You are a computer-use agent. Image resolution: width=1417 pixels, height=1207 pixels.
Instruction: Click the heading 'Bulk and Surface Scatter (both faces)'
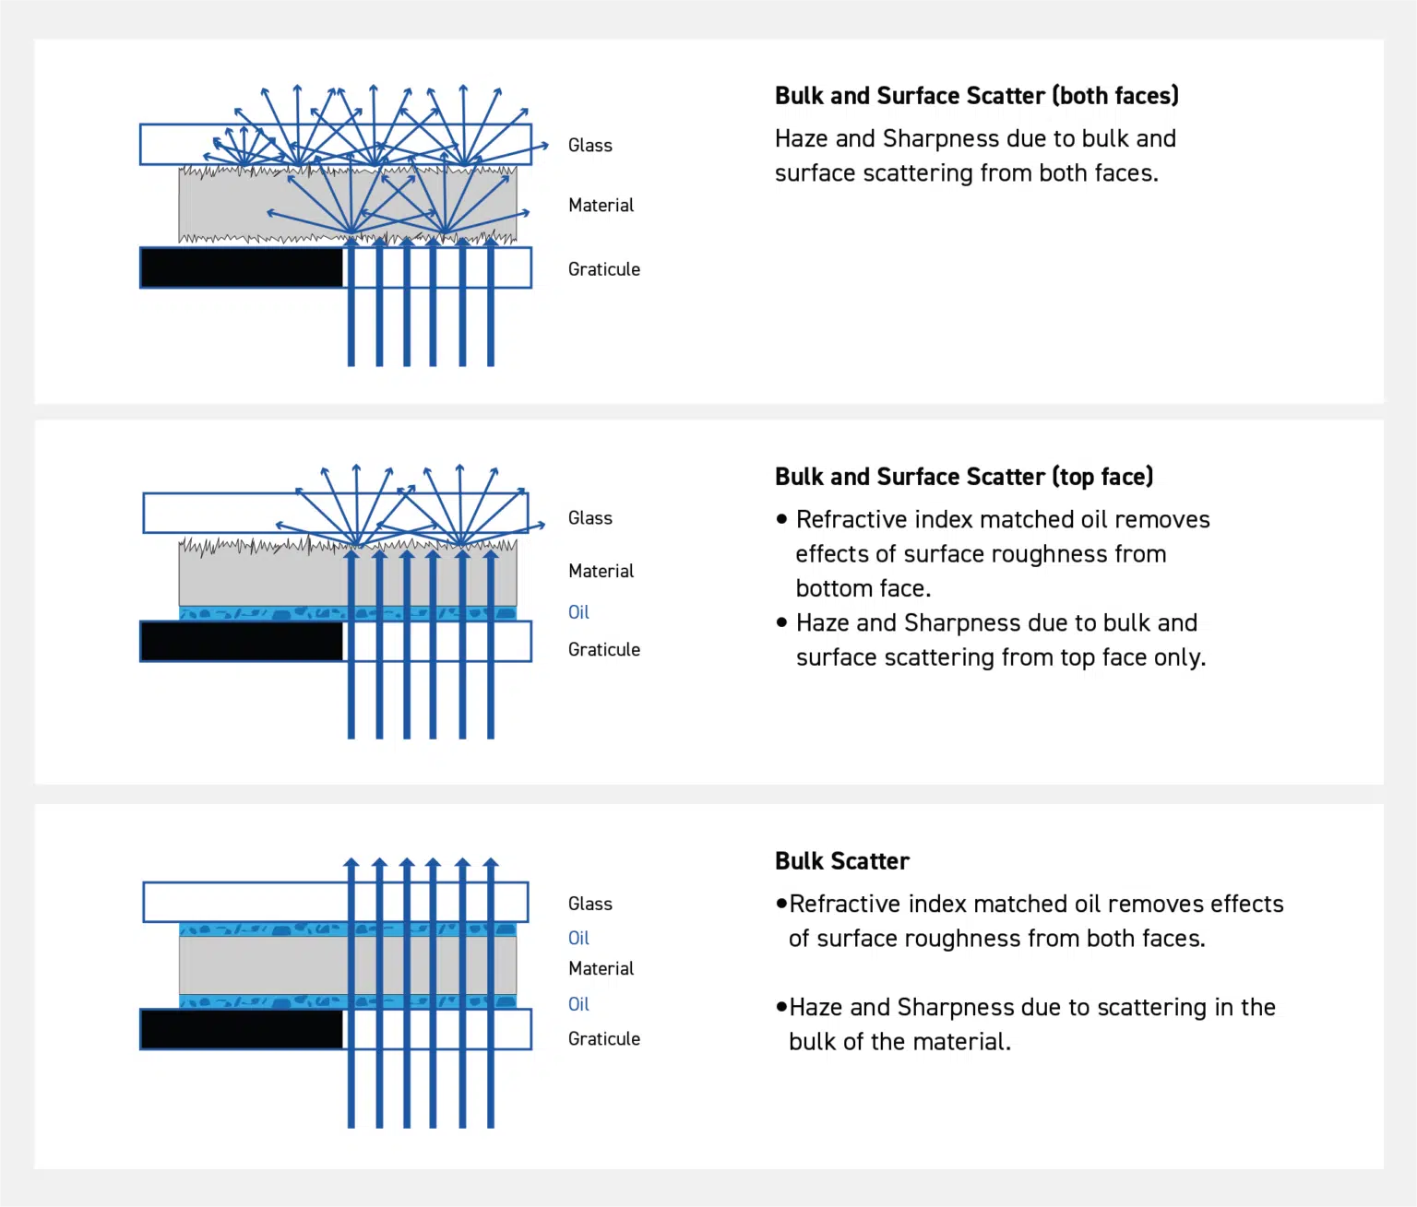[976, 96]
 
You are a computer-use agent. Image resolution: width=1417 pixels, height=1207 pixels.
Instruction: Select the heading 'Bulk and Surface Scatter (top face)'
[963, 477]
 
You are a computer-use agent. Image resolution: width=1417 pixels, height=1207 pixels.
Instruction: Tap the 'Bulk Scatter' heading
[841, 861]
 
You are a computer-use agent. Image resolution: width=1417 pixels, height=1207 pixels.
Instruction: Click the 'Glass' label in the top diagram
[589, 146]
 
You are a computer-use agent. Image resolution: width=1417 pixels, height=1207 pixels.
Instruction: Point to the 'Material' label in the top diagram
[601, 206]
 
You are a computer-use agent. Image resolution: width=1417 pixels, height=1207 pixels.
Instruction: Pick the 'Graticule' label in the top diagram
[603, 269]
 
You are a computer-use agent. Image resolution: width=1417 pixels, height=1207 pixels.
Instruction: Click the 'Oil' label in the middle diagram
[578, 612]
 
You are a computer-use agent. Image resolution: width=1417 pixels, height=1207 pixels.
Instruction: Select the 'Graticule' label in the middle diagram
[603, 650]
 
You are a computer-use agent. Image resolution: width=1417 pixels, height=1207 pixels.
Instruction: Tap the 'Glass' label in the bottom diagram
[589, 904]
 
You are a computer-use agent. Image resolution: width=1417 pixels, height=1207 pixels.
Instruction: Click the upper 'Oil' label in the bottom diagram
[578, 939]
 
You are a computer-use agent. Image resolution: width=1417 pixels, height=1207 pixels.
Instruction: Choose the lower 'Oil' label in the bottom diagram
[578, 1004]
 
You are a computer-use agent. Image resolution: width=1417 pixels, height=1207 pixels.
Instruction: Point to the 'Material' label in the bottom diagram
[601, 969]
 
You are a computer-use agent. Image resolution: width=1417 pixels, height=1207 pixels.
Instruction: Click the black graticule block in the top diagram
[242, 268]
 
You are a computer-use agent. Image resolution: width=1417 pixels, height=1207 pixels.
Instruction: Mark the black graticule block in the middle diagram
[242, 642]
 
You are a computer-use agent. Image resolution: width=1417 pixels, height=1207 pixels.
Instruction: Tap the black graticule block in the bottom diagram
[242, 1030]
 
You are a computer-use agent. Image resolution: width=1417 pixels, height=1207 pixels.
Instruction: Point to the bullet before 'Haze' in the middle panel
[782, 622]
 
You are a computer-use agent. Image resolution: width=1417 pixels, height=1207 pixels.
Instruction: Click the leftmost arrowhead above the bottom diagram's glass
[351, 864]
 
